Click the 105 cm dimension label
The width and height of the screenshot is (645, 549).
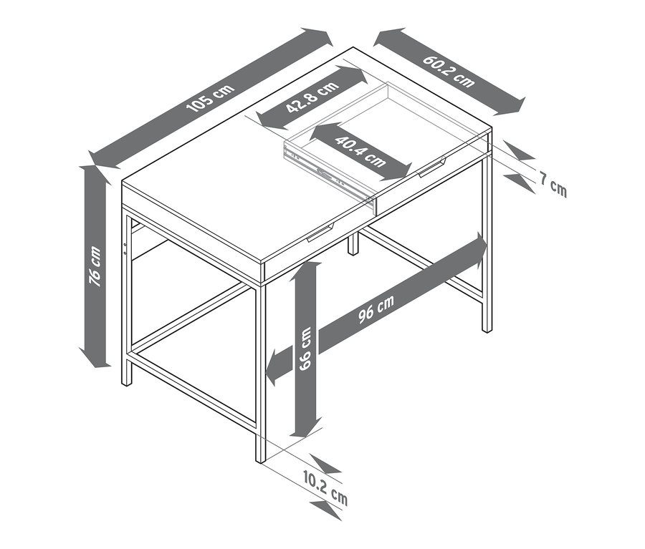coord(211,98)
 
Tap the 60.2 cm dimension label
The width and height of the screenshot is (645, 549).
coord(449,71)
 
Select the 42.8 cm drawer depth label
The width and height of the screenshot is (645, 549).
coord(313,97)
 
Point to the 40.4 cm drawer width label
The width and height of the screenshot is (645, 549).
coord(360,151)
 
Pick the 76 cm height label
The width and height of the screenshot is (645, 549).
coord(95,266)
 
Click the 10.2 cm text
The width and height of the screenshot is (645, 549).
coord(325,489)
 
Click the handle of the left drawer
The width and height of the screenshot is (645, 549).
coord(322,233)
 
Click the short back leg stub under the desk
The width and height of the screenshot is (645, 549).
coord(353,244)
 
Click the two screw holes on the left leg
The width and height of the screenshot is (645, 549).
coord(125,248)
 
